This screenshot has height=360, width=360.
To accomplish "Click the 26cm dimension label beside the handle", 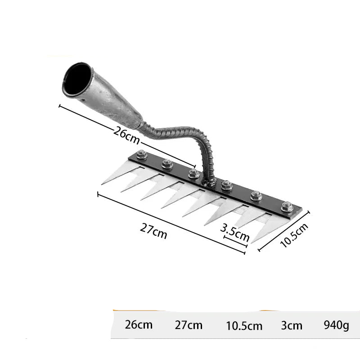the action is coord(126,136).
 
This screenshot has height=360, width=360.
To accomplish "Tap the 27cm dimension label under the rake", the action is coord(153,231).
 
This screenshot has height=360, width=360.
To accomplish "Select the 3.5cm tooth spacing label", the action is coord(234,233).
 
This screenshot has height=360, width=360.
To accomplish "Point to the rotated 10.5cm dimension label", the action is coord(294,235).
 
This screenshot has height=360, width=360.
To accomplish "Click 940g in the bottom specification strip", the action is coord(336,325).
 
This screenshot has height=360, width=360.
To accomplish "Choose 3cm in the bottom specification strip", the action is coord(292,325).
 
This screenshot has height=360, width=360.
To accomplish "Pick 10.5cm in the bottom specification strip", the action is coord(244,326).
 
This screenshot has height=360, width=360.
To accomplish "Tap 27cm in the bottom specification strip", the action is coord(189,325).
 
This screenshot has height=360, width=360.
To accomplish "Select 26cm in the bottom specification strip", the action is coord(139,324).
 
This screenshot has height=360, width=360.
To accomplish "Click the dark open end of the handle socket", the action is coord(77,79).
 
